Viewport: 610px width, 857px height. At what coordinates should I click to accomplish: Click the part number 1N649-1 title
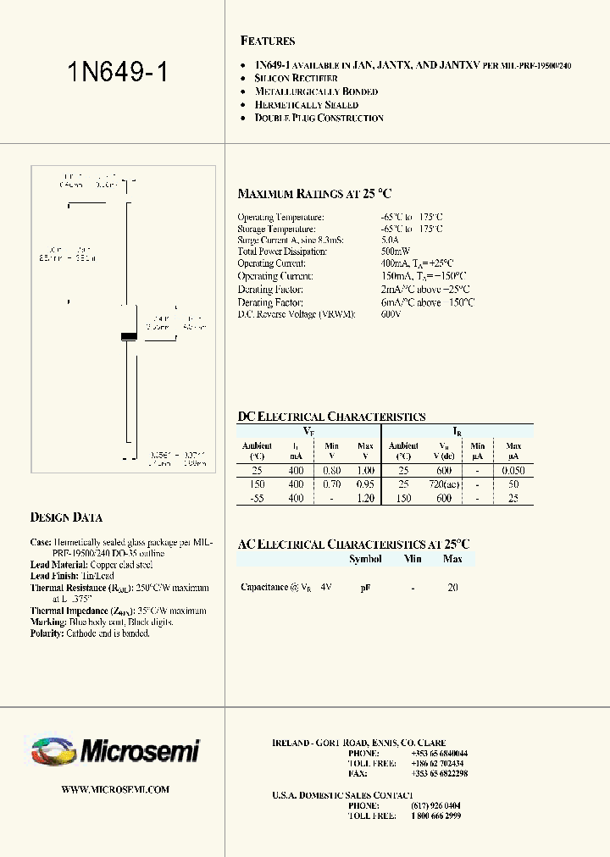117,72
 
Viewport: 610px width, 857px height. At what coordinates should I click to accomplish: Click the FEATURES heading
268,41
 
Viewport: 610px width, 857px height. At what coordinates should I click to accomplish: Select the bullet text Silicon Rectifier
296,78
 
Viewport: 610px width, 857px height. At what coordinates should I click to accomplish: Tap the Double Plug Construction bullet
319,118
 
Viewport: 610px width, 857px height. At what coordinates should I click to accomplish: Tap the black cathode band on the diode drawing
129,337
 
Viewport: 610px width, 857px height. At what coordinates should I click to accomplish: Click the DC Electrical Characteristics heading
331,417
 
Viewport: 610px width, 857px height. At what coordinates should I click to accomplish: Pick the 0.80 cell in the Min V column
332,470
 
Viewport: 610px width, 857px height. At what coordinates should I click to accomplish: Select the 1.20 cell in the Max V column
365,499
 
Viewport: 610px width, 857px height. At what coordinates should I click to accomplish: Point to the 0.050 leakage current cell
513,470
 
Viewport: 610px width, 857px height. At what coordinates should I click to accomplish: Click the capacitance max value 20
452,587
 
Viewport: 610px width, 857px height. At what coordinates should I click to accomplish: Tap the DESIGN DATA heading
66,517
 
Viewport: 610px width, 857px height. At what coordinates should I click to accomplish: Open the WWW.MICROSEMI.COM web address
116,789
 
